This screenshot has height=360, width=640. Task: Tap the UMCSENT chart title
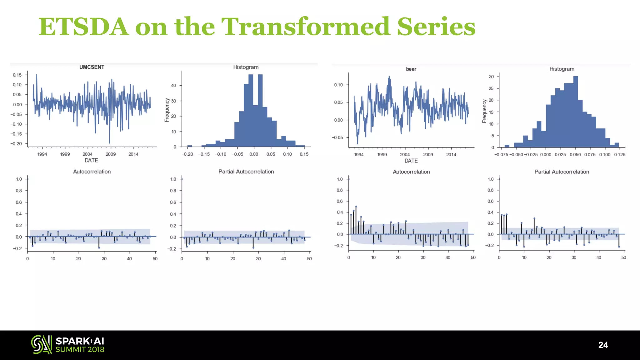pos(92,67)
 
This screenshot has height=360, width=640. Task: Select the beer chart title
pos(411,69)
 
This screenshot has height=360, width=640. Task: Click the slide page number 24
pos(603,345)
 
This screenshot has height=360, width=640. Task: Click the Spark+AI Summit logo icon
pos(41,344)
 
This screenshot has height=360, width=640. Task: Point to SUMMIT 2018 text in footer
pos(80,350)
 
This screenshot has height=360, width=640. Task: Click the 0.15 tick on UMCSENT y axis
pos(17,75)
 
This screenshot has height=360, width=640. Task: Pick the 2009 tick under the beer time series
pos(428,155)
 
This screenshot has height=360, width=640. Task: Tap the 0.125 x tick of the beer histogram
pos(619,155)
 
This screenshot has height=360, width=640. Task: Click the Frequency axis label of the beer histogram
pos(484,111)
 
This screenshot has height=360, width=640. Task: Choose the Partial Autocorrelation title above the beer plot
pos(562,172)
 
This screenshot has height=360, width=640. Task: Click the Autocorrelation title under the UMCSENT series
pos(92,172)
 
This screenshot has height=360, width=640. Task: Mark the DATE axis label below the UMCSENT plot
pos(91,160)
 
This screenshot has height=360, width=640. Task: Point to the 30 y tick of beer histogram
pos(491,77)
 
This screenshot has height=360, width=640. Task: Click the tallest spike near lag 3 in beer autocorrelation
pos(356,207)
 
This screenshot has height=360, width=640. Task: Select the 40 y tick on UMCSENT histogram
pos(173,85)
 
